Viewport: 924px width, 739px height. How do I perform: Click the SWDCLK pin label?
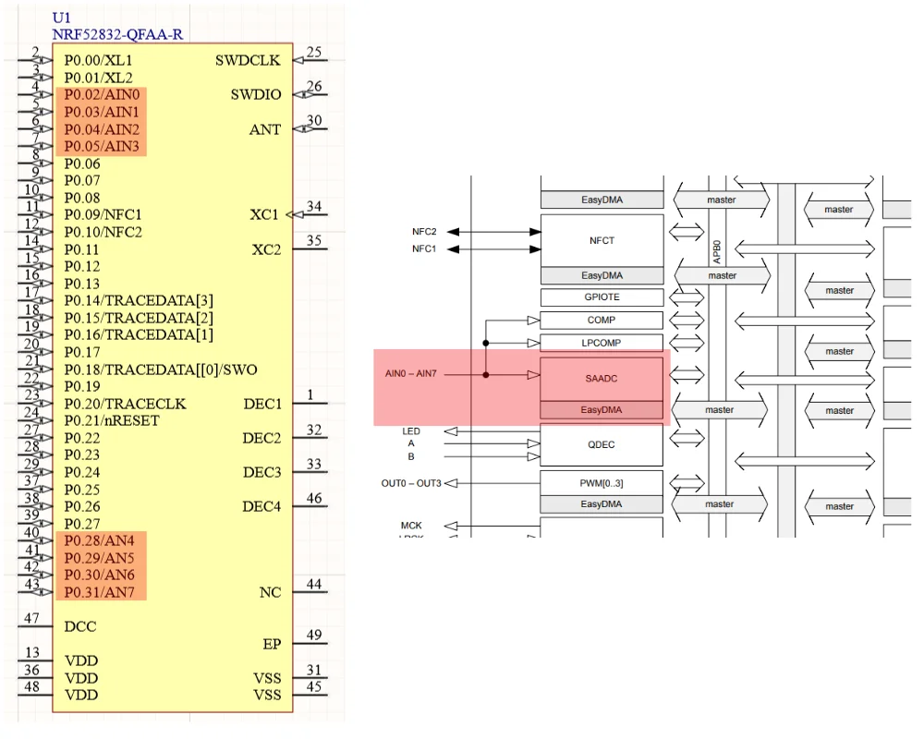pos(249,61)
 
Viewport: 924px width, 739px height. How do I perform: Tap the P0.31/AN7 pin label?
pos(101,592)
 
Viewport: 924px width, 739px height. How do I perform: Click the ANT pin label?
pos(265,130)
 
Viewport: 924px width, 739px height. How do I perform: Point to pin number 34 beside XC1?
pos(314,206)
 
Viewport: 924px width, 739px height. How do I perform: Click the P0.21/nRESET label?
pos(112,421)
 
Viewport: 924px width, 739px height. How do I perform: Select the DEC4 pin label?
pos(261,506)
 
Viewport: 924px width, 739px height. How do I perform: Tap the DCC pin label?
pos(80,626)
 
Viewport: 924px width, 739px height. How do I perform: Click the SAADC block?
pos(601,379)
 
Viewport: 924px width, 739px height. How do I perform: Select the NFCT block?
pos(602,240)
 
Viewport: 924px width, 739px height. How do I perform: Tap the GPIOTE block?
pos(602,297)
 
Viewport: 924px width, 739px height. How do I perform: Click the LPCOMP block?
pos(602,343)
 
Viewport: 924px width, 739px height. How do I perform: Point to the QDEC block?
pos(601,444)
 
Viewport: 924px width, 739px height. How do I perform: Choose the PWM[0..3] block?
pos(602,481)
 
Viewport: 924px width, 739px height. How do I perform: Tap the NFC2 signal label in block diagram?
pos(424,232)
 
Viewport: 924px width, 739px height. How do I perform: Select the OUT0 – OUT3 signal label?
pos(411,483)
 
